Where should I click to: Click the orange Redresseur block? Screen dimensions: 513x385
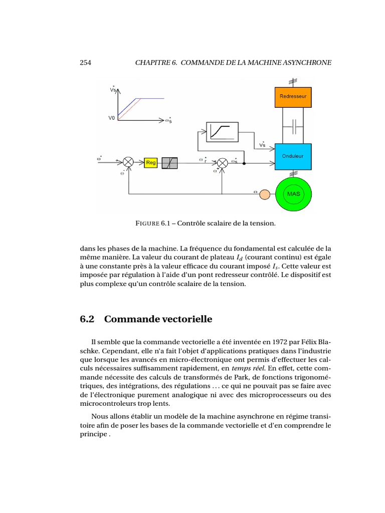(293, 97)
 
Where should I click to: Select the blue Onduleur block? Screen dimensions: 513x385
(293, 156)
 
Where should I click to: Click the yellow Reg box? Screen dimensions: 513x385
(151, 162)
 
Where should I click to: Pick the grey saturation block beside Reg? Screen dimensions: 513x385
(169, 162)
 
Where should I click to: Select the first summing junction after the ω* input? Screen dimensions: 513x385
(129, 162)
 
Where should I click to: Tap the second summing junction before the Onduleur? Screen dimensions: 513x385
(222, 162)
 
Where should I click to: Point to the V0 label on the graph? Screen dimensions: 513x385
(112, 118)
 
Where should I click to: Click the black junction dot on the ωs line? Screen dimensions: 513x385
(244, 162)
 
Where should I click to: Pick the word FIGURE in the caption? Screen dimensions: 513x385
(148, 223)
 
